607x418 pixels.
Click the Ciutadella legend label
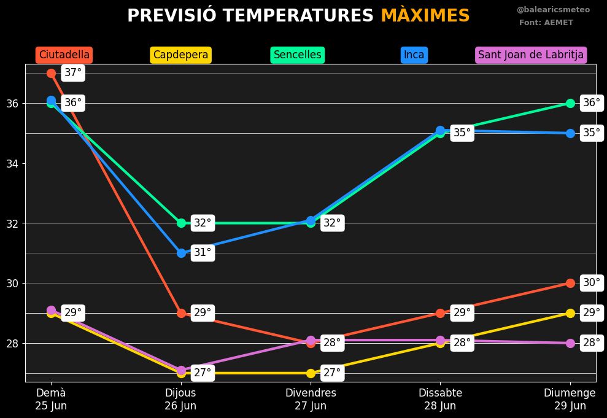tap(64, 55)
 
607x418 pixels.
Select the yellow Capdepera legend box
tap(180, 55)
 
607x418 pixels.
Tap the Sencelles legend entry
tap(298, 55)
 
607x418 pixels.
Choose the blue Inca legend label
tap(414, 55)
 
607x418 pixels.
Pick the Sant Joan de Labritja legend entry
tap(531, 55)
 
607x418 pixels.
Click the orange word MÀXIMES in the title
tap(425, 16)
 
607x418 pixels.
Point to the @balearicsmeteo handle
tap(553, 10)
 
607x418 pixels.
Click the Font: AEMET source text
tap(546, 23)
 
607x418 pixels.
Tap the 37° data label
tap(73, 73)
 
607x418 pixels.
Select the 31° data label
tap(203, 252)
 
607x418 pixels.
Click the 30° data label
tap(592, 283)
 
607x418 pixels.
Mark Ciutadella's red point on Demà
tap(51, 73)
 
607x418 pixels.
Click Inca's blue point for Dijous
tap(181, 253)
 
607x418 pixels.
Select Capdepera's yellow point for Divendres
tap(311, 373)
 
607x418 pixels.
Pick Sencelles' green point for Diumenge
tap(570, 103)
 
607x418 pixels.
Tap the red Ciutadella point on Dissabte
tap(440, 313)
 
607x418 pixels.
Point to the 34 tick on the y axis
tap(12, 163)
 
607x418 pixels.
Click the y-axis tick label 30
tap(12, 283)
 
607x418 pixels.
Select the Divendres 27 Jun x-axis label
tap(311, 399)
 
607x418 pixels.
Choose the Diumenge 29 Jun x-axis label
tap(570, 399)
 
